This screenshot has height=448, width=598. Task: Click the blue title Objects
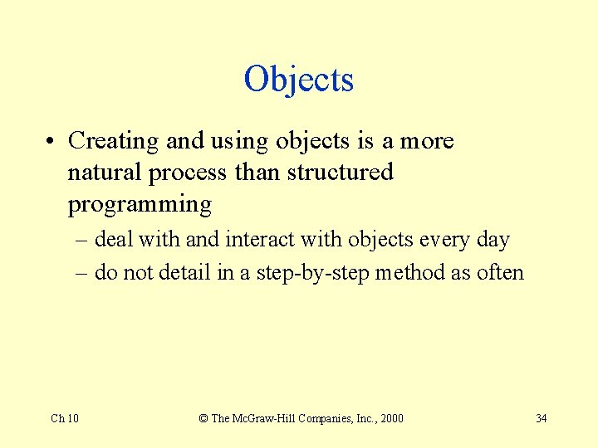tap(299, 80)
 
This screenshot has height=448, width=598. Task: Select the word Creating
tap(114, 141)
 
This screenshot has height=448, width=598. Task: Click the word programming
tap(140, 204)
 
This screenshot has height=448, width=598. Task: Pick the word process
tap(187, 173)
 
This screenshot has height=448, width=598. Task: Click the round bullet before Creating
tap(52, 142)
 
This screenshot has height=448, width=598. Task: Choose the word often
tap(499, 272)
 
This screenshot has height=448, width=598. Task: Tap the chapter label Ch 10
tap(65, 418)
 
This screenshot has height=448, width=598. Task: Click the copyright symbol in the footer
tap(203, 418)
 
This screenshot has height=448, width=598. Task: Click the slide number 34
tap(541, 418)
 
